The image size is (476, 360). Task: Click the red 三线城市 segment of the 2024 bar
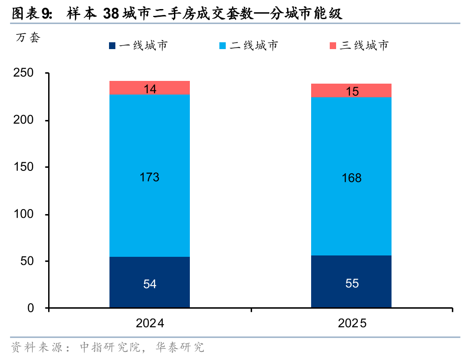[132, 88]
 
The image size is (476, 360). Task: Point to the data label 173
[149, 177]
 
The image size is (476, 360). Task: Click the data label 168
[352, 178]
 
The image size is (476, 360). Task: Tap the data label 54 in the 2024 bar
[149, 284]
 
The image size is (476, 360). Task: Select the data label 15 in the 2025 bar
[352, 91]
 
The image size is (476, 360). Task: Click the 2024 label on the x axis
[149, 324]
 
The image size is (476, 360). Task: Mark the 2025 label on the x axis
[352, 324]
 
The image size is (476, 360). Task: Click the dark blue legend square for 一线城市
[112, 45]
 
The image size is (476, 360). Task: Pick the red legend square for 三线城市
[332, 45]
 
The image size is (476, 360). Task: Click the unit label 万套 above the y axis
[28, 38]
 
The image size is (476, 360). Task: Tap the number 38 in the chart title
[111, 15]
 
